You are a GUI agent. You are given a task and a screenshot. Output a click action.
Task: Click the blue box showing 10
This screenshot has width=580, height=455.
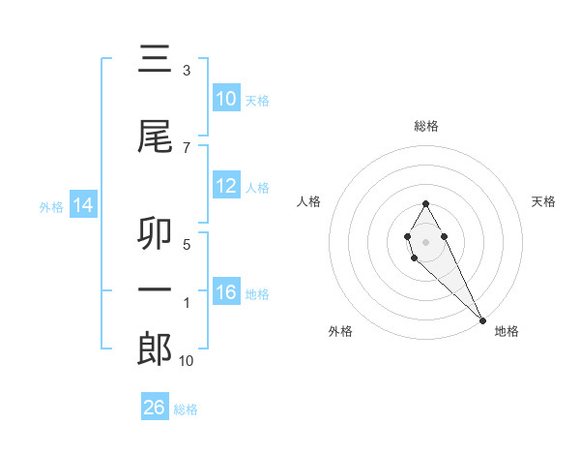[226, 99]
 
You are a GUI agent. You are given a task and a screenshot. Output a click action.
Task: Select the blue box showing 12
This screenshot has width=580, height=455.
[226, 186]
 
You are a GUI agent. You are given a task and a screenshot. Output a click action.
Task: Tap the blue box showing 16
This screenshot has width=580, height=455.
[226, 292]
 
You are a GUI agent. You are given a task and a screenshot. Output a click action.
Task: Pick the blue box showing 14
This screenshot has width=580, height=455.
[83, 205]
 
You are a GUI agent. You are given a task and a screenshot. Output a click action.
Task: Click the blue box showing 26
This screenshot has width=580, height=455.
[155, 408]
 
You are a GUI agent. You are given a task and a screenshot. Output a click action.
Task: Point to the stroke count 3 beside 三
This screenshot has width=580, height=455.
[186, 71]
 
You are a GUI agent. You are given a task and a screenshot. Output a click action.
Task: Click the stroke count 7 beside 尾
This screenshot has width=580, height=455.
[186, 148]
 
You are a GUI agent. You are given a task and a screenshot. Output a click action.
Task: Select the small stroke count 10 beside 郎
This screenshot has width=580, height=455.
[186, 361]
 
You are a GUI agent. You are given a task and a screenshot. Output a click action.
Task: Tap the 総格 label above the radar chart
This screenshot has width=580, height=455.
[426, 126]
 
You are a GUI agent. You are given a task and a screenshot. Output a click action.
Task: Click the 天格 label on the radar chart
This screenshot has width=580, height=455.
[544, 201]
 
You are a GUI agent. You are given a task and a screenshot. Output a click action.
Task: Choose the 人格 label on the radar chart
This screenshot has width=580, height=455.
[309, 201]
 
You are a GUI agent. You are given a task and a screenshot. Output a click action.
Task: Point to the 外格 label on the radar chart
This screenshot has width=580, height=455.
[340, 331]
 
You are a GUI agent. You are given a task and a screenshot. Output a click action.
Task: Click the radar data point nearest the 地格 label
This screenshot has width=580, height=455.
[481, 319]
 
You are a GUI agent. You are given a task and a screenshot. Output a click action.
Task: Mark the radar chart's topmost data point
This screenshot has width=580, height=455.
[425, 203]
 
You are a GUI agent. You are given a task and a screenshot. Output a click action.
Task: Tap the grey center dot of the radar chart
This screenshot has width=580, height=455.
[425, 241]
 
